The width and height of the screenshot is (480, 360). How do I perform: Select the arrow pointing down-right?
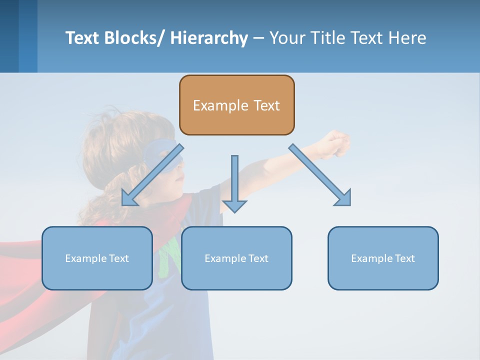coord(320,175)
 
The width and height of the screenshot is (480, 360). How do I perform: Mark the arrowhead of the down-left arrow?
coord(129,199)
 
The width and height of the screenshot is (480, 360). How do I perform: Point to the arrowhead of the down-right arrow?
coord(344,198)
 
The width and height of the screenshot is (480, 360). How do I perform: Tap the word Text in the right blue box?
coord(403,258)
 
